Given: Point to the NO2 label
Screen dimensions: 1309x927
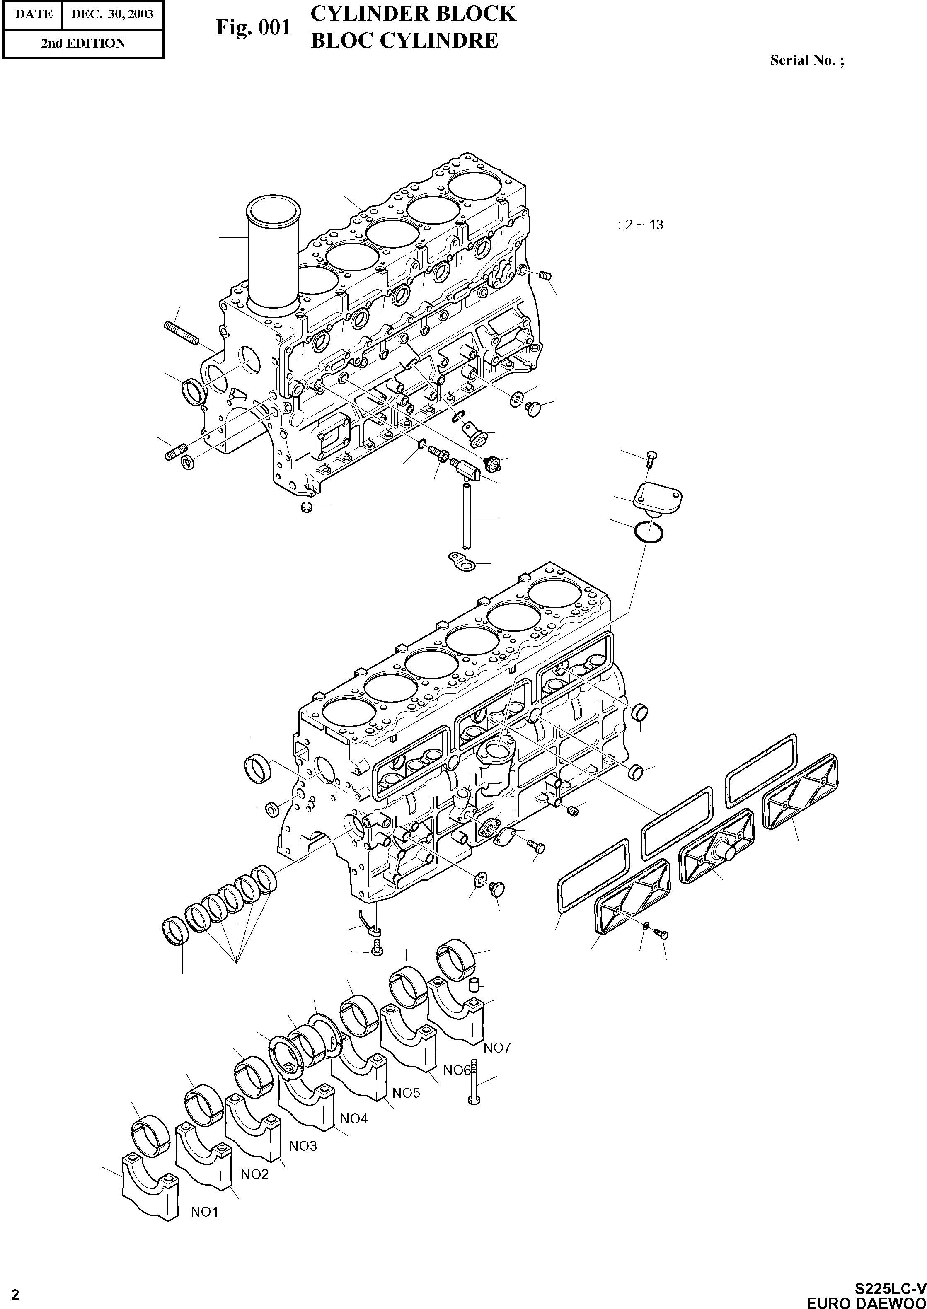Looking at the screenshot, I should [254, 1174].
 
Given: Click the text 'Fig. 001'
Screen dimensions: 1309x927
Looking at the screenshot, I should [253, 27].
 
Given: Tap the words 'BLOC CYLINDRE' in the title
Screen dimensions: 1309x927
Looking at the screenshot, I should [404, 41].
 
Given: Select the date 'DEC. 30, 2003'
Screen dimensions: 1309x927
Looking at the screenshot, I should [112, 14].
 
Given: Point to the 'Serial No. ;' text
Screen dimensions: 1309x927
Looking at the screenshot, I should [806, 60].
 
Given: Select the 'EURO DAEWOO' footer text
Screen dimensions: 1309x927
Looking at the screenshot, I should [866, 1302].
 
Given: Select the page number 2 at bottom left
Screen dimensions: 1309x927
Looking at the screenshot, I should [15, 1295].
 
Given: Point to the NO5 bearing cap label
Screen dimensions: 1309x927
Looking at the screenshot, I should [406, 1092].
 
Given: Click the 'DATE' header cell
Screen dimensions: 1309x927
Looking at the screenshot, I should [33, 14].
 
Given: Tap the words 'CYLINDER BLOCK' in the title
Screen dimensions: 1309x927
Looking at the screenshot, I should [413, 13].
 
